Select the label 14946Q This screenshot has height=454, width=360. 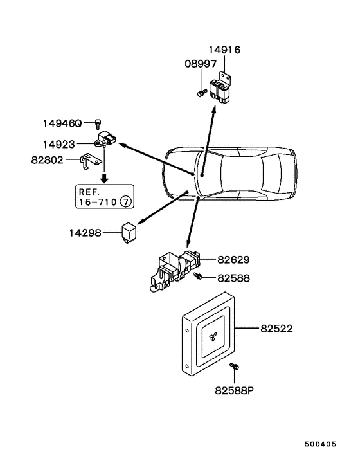pos(62,122)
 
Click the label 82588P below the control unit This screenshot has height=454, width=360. pos(233,390)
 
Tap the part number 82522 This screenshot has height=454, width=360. pos(276,328)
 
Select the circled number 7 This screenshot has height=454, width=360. pos(125,202)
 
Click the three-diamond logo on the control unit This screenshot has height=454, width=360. pos(213,336)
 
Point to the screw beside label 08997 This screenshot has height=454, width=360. pos(200,94)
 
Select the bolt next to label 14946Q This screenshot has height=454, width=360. pos(97,123)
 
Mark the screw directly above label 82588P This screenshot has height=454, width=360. pos(235,367)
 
